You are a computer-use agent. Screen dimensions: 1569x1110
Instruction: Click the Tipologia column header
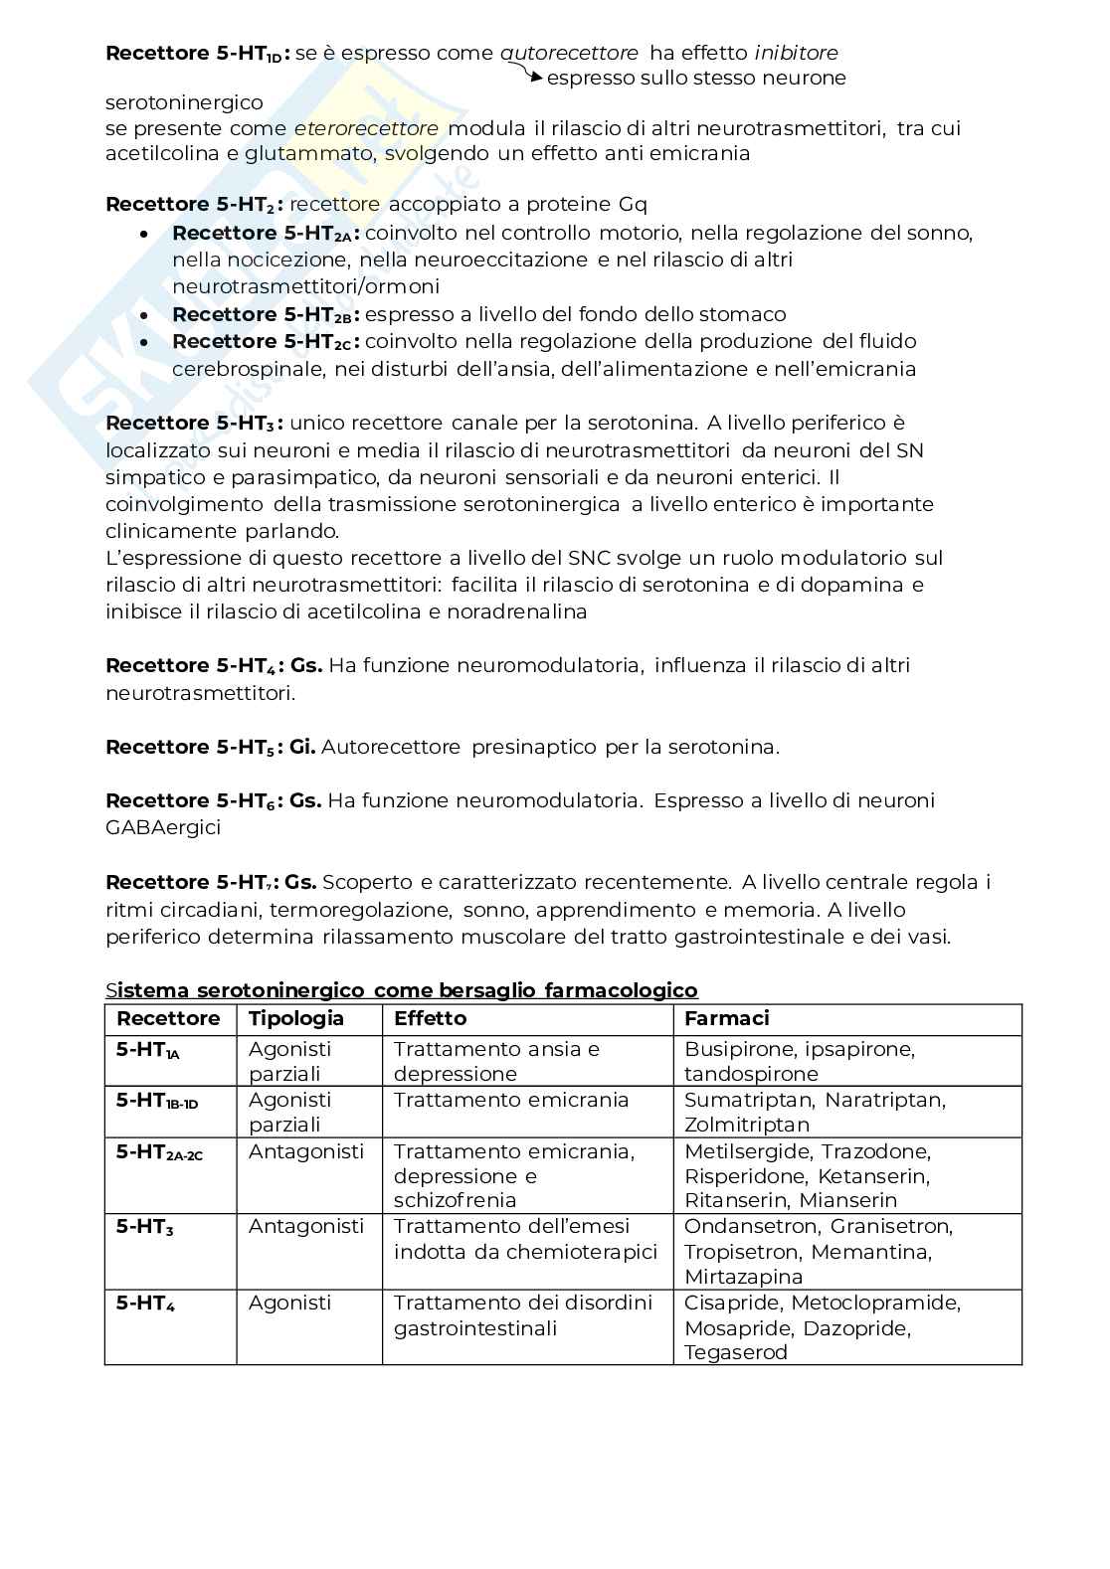[x=295, y=1018]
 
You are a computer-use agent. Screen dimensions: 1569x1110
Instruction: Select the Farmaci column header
[x=726, y=1018]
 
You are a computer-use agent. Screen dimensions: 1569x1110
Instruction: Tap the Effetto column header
[x=430, y=1018]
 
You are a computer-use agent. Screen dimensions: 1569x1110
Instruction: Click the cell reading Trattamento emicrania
[x=511, y=1100]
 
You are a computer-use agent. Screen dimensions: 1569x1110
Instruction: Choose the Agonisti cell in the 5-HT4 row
[x=289, y=1303]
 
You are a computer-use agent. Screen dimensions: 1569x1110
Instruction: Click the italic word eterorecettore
[x=366, y=128]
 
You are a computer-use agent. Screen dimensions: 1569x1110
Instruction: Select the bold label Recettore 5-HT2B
[x=265, y=315]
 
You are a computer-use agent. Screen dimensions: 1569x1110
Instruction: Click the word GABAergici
[x=163, y=827]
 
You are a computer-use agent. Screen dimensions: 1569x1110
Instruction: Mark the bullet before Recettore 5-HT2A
[x=145, y=234]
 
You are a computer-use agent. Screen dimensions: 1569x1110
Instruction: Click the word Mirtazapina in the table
[x=743, y=1277]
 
